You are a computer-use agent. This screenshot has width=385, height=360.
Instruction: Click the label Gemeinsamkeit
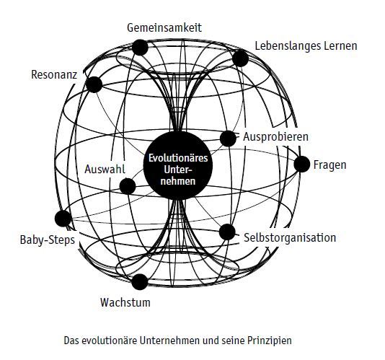point(164,27)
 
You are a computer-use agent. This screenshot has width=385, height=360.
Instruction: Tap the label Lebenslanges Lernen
point(306,46)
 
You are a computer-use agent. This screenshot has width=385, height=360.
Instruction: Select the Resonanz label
point(54,75)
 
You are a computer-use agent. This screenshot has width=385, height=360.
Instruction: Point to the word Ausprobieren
point(275,137)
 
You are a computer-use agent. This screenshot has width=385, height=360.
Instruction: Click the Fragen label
point(329,165)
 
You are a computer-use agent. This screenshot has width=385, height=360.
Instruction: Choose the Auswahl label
point(105,170)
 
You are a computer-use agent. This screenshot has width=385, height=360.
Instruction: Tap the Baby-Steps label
point(48,240)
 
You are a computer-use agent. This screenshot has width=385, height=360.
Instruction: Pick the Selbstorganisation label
point(290,238)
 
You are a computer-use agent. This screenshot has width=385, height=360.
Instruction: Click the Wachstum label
point(125,302)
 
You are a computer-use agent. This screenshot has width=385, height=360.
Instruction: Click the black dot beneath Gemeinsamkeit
point(140,48)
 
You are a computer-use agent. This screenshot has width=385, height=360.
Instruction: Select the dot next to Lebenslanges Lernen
point(240,58)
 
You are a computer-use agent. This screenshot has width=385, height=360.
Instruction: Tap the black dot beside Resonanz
point(94,84)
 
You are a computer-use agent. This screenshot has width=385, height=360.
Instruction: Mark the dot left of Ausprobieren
point(228,139)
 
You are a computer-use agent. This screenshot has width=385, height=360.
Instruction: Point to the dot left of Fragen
point(302,164)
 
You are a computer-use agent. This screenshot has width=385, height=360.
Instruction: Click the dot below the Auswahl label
point(128,186)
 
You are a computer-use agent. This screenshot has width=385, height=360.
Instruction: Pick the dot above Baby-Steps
point(63,219)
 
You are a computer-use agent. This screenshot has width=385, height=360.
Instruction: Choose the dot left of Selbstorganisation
point(227,232)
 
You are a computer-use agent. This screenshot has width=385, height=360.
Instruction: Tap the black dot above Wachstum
point(140,282)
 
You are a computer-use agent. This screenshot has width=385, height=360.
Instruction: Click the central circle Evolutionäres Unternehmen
point(178,165)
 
